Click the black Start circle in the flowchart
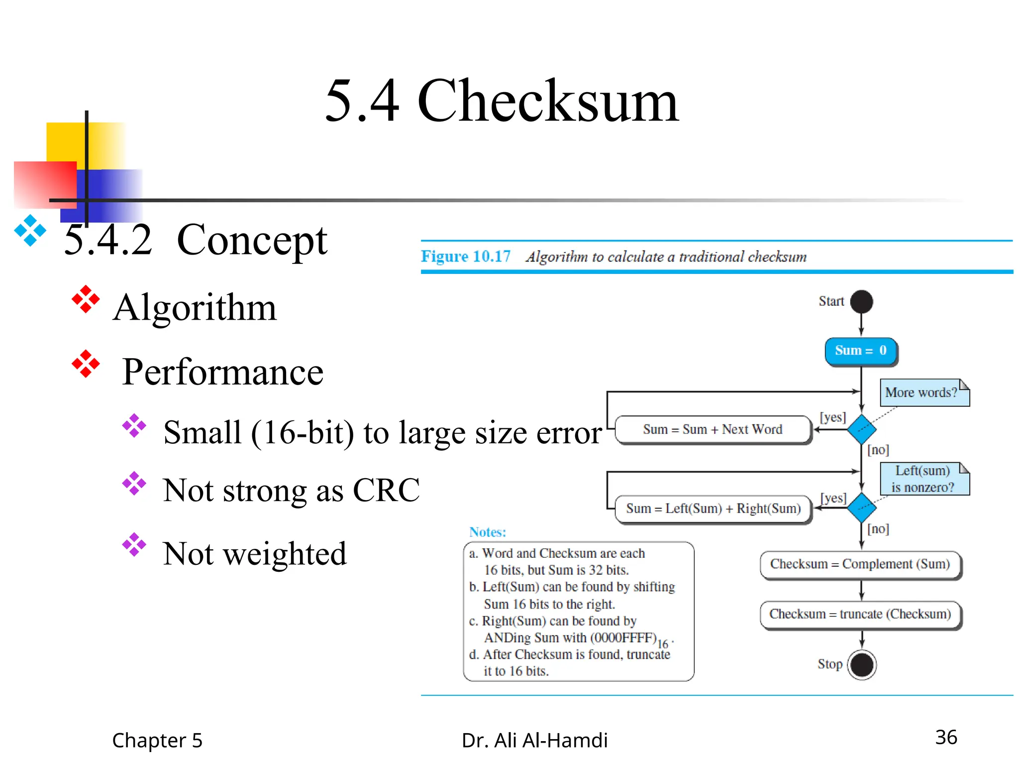coord(861,302)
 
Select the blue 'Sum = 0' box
coord(861,351)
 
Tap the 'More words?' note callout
coord(923,393)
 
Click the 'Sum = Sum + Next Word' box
coord(713,429)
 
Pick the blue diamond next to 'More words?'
coord(861,429)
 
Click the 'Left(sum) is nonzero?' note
coord(923,479)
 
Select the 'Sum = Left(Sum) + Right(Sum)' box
coord(713,509)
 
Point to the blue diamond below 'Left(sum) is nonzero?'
coord(861,508)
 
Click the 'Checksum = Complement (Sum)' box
coord(860,564)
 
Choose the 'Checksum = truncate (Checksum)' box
coord(860,614)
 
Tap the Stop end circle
coord(862,665)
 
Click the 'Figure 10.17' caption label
coord(466,256)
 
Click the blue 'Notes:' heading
coord(488,532)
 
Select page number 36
coord(946,738)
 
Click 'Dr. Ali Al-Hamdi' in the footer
coord(534,741)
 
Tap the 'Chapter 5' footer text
coord(157,741)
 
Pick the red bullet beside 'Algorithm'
coord(86,299)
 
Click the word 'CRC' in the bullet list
coord(386,491)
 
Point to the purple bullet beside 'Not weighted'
coord(134,545)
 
